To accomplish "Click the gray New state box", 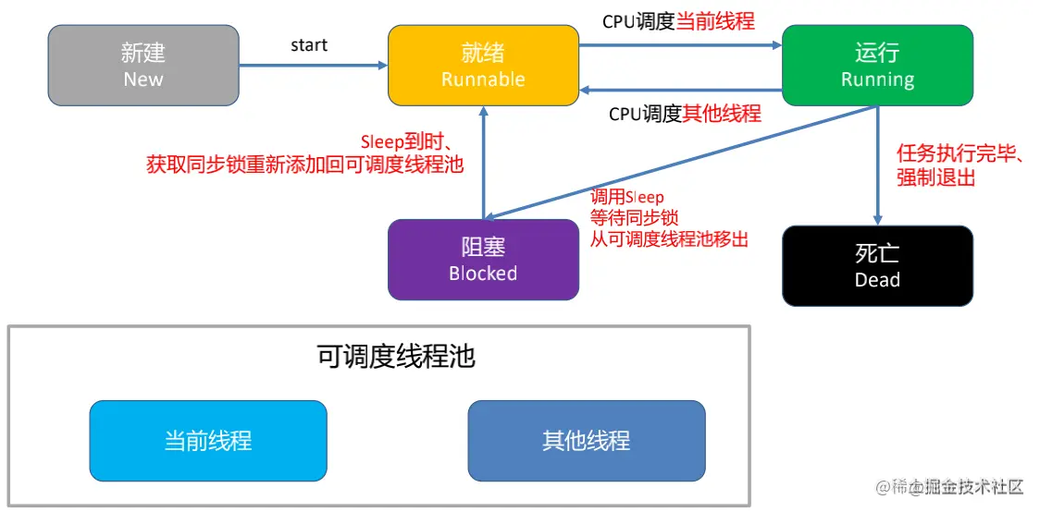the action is tap(143, 65).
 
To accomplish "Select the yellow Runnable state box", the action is tap(483, 65).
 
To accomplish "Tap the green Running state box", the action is tap(877, 65).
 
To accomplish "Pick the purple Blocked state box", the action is tap(483, 260).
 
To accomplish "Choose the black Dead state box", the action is tap(877, 265).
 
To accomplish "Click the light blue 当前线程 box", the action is tap(208, 441).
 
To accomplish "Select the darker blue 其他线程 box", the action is tap(587, 441).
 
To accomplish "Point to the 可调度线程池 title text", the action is tap(397, 358).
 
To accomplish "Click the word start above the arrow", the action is tap(309, 45).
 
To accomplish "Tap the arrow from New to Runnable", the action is tap(313, 65).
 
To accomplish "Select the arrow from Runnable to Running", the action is tap(680, 45).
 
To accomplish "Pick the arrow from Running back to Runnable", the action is tap(680, 90).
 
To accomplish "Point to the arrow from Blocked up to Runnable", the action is tap(484, 163).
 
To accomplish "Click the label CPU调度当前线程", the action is tap(678, 21).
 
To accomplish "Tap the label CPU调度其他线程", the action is tap(685, 114).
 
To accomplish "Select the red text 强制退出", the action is tap(935, 177).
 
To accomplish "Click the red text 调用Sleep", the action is tap(627, 197).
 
